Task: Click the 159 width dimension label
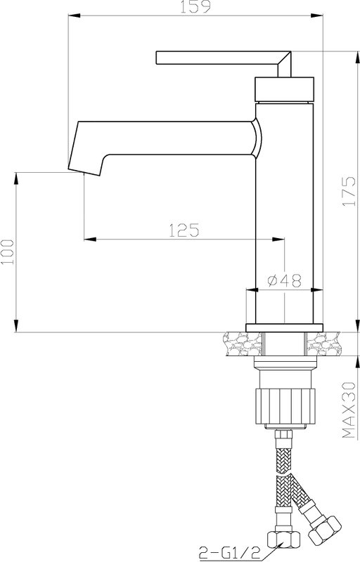pos(195,7)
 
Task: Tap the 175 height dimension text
pos(349,191)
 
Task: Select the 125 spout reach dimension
pos(184,230)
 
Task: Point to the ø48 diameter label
pos(285,280)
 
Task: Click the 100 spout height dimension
pos(8,251)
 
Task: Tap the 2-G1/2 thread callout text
pos(229,553)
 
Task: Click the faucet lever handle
pos(224,63)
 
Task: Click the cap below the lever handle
pos(284,89)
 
